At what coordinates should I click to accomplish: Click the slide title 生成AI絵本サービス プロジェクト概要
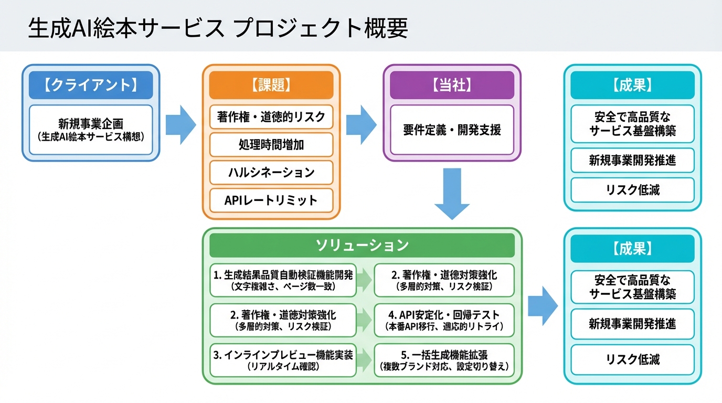click(x=217, y=28)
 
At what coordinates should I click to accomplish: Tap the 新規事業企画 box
click(x=91, y=130)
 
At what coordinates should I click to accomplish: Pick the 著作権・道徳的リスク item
click(x=271, y=116)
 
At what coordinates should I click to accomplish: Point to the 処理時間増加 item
click(x=271, y=144)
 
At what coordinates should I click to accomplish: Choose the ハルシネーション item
click(x=271, y=172)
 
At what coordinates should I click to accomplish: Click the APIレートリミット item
click(x=271, y=200)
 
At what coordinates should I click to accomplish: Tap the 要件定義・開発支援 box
click(x=452, y=130)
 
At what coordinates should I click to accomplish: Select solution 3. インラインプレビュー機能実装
click(x=283, y=360)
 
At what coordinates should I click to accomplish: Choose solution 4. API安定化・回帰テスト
click(x=444, y=320)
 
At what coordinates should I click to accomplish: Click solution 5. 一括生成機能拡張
click(x=444, y=360)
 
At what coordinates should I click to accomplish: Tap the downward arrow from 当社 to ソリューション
click(x=452, y=194)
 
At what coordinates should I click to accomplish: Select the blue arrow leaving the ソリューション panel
click(x=542, y=306)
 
